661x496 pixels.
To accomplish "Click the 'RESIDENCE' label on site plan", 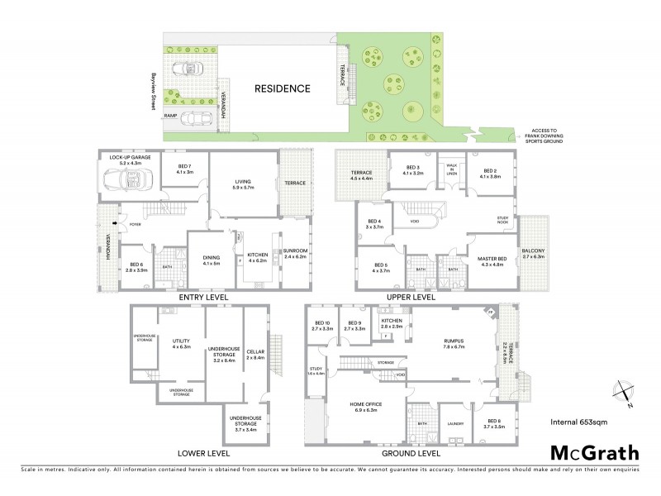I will [282, 88].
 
